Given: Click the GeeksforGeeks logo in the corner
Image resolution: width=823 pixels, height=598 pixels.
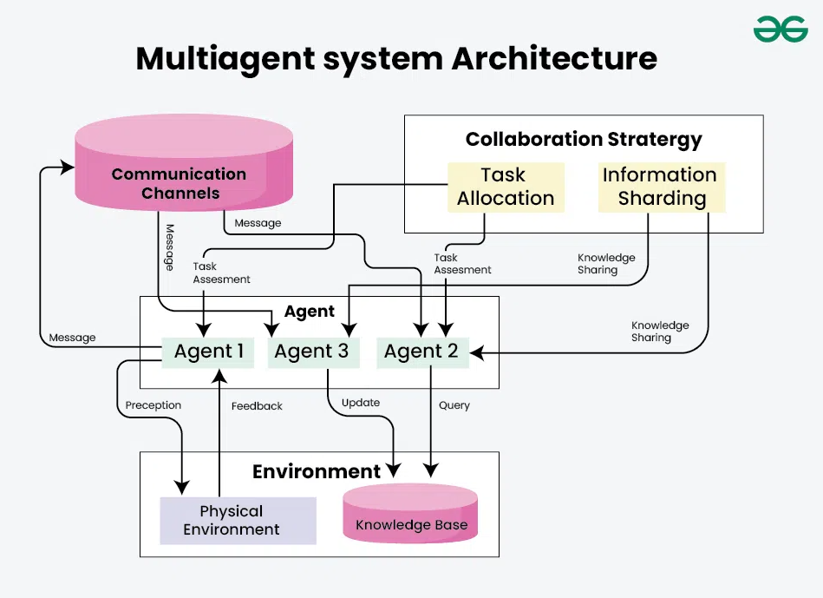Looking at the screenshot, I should (x=781, y=30).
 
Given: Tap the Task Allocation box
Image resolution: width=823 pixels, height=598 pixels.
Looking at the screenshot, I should (x=505, y=187).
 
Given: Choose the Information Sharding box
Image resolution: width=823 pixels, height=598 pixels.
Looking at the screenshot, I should (x=661, y=187).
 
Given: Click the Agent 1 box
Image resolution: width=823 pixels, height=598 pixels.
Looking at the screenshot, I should (x=209, y=352).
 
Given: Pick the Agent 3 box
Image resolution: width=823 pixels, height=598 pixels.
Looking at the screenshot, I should (x=312, y=352).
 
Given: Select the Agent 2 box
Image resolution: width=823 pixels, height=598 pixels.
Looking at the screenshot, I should (x=421, y=352).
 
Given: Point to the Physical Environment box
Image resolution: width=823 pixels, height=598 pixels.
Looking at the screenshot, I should (x=232, y=521).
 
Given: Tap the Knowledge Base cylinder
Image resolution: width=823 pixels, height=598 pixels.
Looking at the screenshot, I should (x=411, y=518).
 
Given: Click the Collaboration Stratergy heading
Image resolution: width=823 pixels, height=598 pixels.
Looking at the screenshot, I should (x=584, y=139).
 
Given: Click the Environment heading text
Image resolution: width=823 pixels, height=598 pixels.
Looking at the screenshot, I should (x=317, y=471).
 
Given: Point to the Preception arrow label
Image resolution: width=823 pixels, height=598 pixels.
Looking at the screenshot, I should (x=153, y=405).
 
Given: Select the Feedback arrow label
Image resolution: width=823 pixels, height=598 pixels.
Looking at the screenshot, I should (x=257, y=405).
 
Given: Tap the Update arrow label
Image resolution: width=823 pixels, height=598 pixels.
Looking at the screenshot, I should (x=361, y=403).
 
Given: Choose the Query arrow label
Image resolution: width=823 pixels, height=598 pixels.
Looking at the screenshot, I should (x=454, y=405).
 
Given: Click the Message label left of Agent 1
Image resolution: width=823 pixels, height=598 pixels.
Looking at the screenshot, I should (x=73, y=338).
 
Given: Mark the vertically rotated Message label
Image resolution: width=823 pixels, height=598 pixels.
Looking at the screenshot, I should (x=170, y=247).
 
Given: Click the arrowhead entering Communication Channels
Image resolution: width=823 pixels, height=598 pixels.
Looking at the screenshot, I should (x=67, y=166).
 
